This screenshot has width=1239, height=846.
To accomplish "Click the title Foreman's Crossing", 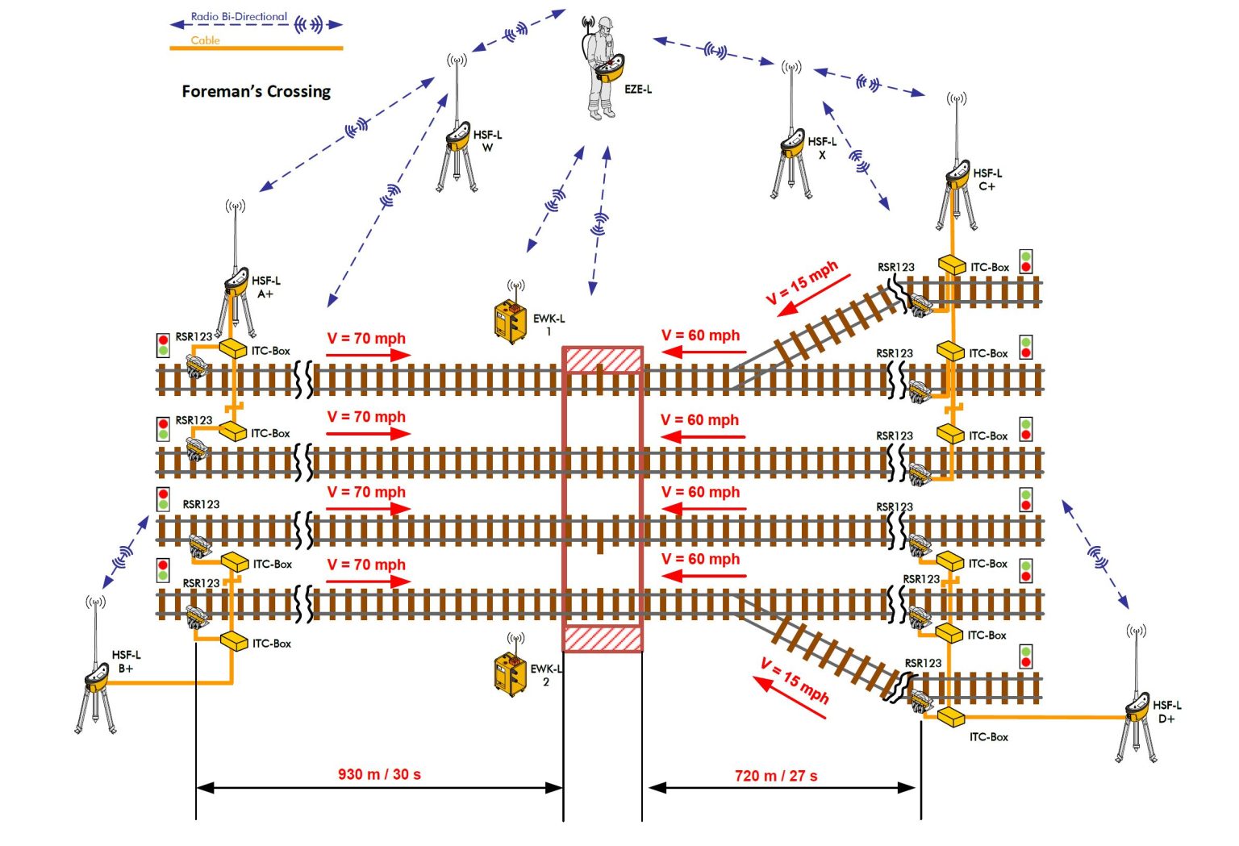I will point(256,91).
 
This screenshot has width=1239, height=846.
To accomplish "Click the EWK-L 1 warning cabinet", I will point(510,321).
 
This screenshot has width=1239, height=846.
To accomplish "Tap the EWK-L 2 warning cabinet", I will point(510,673).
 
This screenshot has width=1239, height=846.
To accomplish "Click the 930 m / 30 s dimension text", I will point(379,774).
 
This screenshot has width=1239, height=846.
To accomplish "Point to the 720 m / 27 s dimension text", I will point(776,776).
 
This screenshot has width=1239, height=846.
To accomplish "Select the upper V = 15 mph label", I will point(802,281).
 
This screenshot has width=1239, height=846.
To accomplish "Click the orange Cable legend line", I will point(256,48).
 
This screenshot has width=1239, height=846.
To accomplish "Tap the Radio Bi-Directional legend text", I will point(239,16).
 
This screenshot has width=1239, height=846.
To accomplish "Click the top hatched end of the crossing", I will point(603,360).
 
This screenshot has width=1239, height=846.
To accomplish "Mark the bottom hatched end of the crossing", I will point(603,639).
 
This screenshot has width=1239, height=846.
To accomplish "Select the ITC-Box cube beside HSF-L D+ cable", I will point(952,716).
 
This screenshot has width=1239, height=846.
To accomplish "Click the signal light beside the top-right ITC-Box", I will point(1025,261).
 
